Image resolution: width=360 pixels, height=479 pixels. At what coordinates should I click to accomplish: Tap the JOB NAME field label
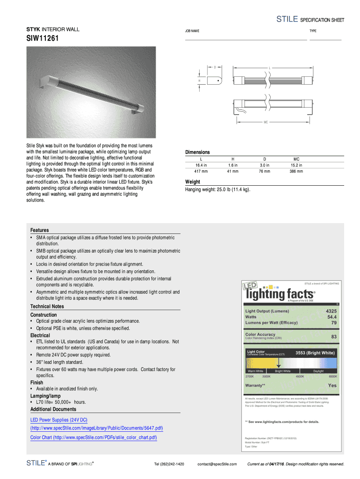click(192, 31)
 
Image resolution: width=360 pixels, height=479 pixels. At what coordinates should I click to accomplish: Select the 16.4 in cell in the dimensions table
click(201, 165)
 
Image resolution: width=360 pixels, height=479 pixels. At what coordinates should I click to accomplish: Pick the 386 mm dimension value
click(296, 171)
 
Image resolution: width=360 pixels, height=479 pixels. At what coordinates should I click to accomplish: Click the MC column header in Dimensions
click(296, 159)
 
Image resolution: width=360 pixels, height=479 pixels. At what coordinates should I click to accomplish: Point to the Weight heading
click(193, 182)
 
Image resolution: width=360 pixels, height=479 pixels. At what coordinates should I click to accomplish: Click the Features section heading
click(40, 230)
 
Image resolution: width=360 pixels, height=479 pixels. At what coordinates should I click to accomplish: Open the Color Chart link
click(94, 437)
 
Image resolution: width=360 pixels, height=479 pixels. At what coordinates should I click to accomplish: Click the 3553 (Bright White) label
click(315, 353)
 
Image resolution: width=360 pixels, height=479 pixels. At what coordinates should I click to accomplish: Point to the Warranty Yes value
click(332, 385)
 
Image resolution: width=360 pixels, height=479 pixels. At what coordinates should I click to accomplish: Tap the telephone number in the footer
click(169, 464)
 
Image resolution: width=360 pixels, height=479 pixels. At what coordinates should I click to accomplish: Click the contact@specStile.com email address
click(217, 464)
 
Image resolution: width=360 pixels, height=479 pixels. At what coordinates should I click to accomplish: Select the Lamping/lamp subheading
click(45, 396)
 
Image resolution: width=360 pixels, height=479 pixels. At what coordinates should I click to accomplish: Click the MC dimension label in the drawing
click(266, 122)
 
